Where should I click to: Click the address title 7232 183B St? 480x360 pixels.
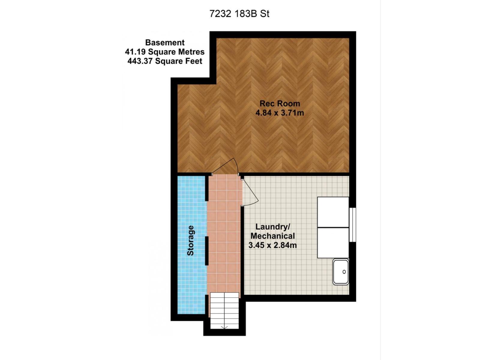(239, 14)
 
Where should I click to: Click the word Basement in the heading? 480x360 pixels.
(165, 43)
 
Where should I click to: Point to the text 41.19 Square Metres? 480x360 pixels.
(165, 52)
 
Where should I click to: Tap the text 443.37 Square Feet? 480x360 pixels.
(165, 61)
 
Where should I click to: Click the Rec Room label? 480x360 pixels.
(280, 103)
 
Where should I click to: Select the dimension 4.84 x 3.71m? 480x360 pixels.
(280, 113)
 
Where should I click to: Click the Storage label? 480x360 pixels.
(190, 241)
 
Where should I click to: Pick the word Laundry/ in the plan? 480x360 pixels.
(273, 226)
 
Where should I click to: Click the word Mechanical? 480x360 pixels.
(273, 236)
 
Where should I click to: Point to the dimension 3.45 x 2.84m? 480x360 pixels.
(272, 245)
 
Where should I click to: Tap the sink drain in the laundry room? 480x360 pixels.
(344, 272)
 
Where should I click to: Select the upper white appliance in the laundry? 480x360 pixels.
(333, 212)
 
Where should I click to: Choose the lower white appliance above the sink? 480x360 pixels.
(333, 242)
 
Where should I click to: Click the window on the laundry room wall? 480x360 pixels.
(352, 224)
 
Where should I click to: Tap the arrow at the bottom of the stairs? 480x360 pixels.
(224, 327)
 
